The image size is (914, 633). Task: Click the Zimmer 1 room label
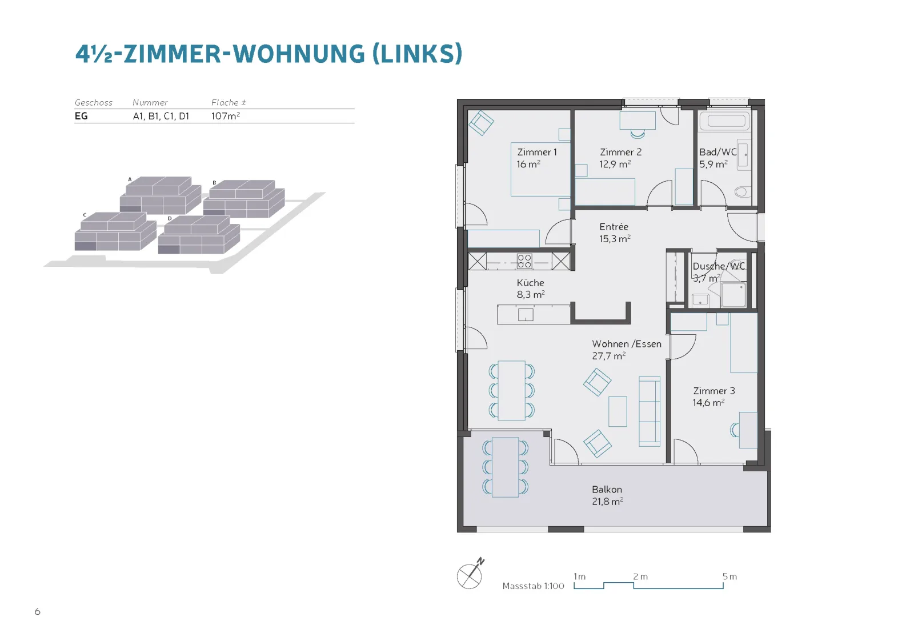(x=536, y=152)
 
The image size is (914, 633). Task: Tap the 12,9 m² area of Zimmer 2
(x=615, y=164)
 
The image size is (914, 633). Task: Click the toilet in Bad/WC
(x=742, y=191)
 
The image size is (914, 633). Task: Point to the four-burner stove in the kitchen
(x=524, y=261)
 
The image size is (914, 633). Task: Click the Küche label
(x=530, y=283)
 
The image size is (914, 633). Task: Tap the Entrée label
(x=614, y=226)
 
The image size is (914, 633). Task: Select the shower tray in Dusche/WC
(x=733, y=295)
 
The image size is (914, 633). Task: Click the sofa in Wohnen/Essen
(x=649, y=411)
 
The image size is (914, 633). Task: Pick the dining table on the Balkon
(x=505, y=467)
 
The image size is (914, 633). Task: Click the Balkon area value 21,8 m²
(x=608, y=502)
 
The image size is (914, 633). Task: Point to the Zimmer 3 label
(x=714, y=391)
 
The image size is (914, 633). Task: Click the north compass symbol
(x=471, y=574)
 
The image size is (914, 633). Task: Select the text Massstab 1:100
(x=533, y=586)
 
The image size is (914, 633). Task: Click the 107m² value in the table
(x=225, y=116)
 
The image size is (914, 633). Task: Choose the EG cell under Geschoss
(x=81, y=116)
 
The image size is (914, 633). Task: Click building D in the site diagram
(x=199, y=235)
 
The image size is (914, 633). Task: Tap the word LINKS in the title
(x=418, y=54)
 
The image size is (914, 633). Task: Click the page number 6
(x=38, y=611)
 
